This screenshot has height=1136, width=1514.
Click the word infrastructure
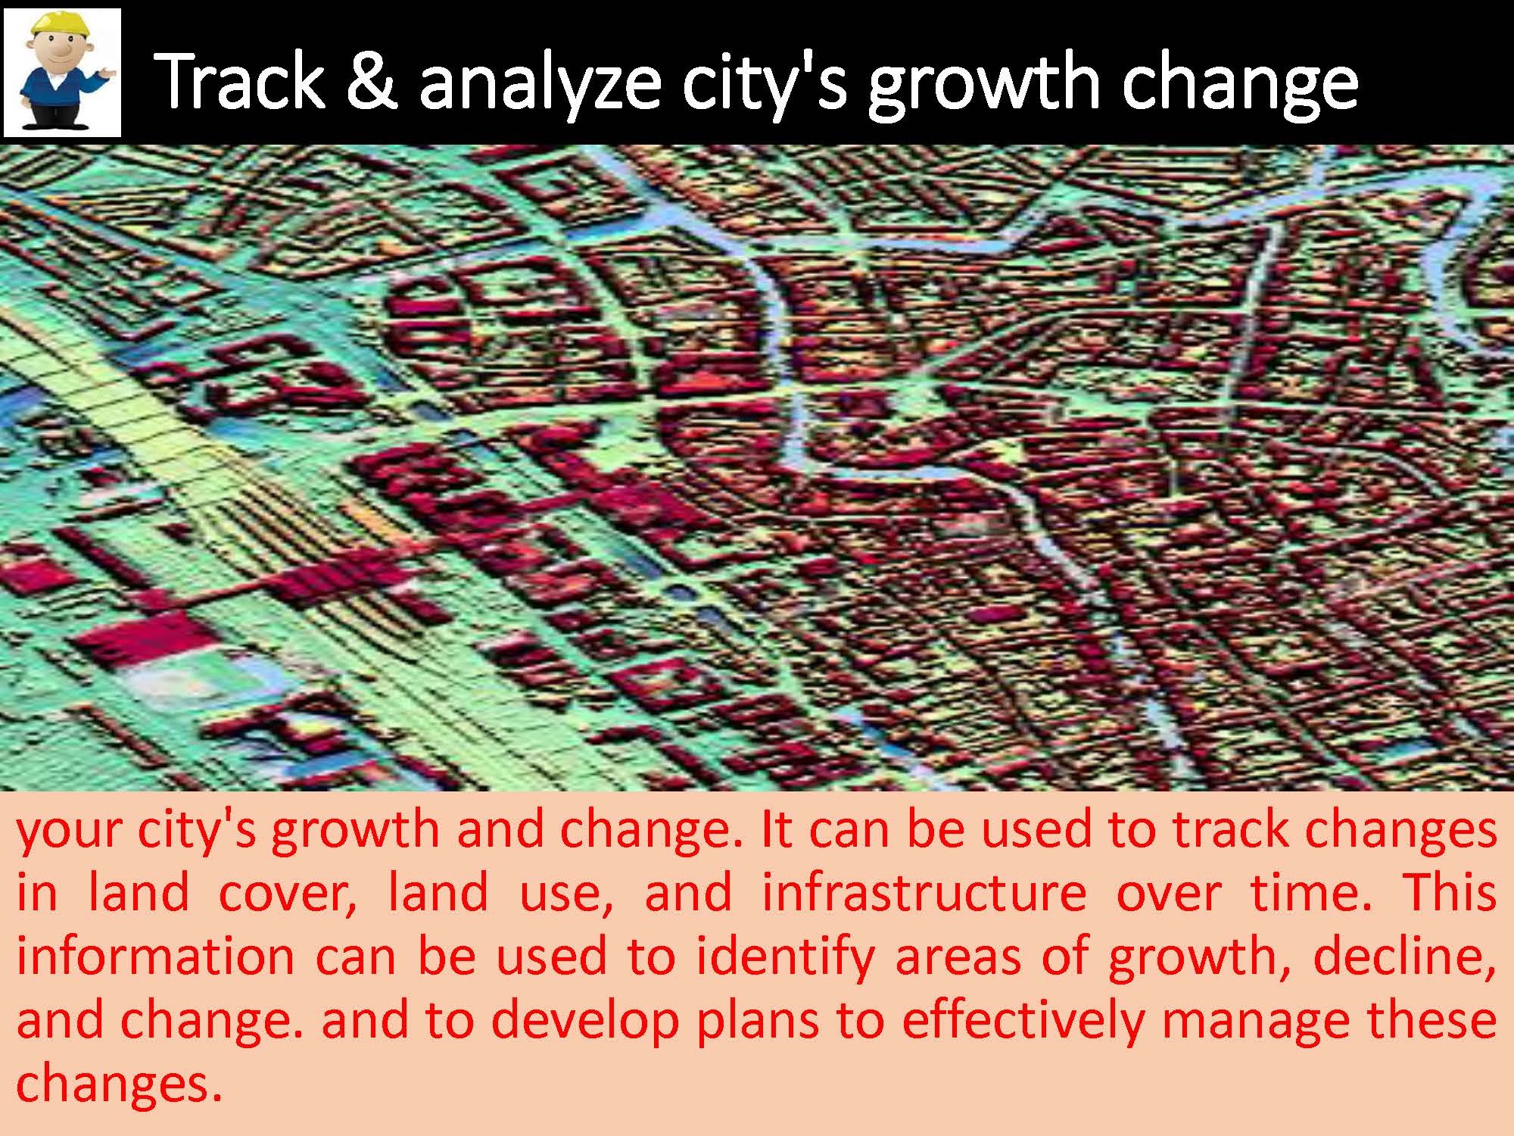coord(924,893)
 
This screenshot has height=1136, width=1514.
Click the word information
coord(155,956)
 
